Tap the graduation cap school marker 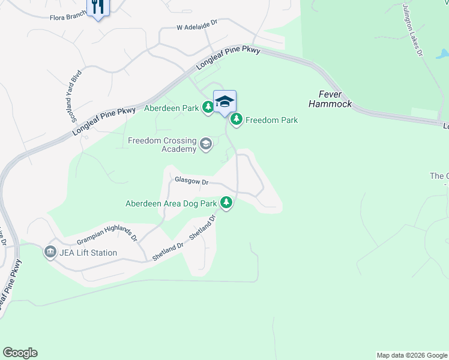(224, 101)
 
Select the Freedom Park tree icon (237, 120)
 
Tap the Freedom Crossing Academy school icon (206, 144)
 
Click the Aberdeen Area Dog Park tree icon (226, 203)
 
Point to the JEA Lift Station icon (50, 253)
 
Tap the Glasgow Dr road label (191, 181)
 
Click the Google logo (20, 353)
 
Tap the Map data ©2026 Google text (411, 355)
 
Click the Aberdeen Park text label (171, 108)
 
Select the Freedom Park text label (271, 120)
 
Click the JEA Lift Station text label (88, 253)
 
